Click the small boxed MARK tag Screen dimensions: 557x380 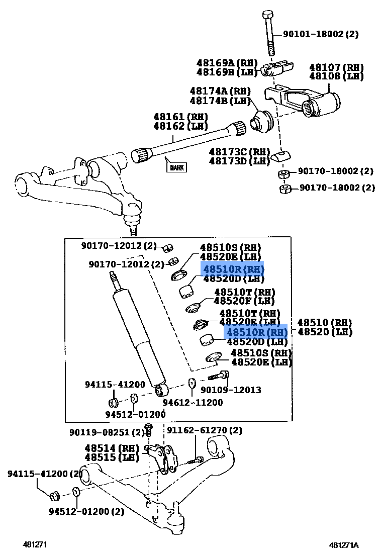(x=176, y=167)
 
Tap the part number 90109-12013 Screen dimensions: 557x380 (x=231, y=390)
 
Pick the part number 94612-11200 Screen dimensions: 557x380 (x=193, y=403)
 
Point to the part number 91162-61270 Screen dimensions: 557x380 (x=204, y=430)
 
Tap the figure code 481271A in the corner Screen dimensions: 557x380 (x=344, y=545)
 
